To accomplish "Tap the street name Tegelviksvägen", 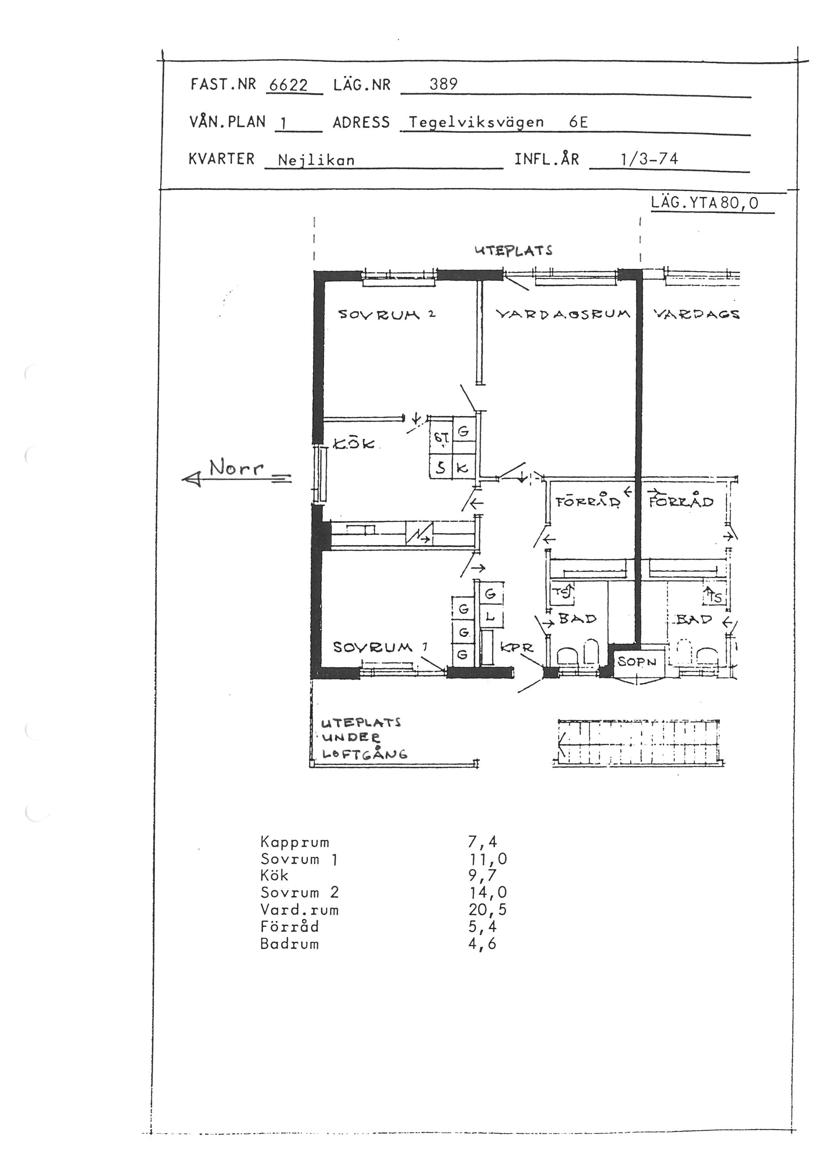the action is tap(476, 122).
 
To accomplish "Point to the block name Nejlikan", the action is tap(316, 160).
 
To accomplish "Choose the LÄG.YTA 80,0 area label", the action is tap(705, 203).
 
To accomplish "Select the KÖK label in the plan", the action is tap(354, 444).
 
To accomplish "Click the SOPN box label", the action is tap(637, 662).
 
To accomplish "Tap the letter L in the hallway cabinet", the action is tap(490, 617).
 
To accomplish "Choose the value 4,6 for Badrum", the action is tap(482, 944).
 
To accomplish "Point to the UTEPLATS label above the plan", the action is tap(513, 250).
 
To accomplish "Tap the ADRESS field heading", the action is tap(361, 122).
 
